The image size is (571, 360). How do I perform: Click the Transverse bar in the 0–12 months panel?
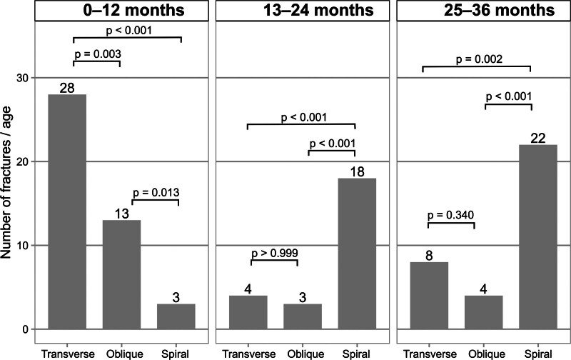67,211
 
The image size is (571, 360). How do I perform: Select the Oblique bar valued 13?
121,275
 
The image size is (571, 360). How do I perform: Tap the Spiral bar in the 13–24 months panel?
357,254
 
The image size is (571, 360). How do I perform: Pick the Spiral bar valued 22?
538,237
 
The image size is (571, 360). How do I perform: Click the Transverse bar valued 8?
429,296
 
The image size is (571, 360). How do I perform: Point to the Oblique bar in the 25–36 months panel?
484,312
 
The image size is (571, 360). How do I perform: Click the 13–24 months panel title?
318,10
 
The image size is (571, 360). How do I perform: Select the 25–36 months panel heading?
499,10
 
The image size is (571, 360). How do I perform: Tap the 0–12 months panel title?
133,10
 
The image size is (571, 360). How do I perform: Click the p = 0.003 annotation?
98,54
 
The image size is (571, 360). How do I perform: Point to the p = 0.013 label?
156,192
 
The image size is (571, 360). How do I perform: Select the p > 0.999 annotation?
275,253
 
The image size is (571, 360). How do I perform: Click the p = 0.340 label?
451,215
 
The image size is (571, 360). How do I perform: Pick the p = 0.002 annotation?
479,59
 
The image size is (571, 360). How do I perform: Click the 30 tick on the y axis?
22,78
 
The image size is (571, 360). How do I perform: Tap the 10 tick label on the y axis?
22,246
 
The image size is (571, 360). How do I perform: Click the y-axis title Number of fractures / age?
6,182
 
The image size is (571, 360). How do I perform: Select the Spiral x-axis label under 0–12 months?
175,354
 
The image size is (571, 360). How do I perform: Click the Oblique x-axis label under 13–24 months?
305,354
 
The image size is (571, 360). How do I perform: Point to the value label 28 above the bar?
67,88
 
